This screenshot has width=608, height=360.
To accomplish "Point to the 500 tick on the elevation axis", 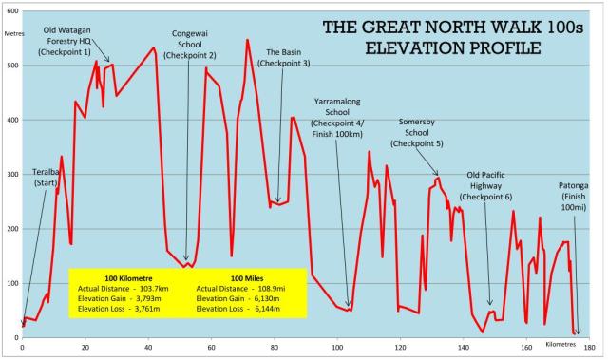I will (x=10, y=66).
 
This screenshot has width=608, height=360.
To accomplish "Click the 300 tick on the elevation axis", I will (x=10, y=175).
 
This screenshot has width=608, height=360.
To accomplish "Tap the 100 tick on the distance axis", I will (x=336, y=346).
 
